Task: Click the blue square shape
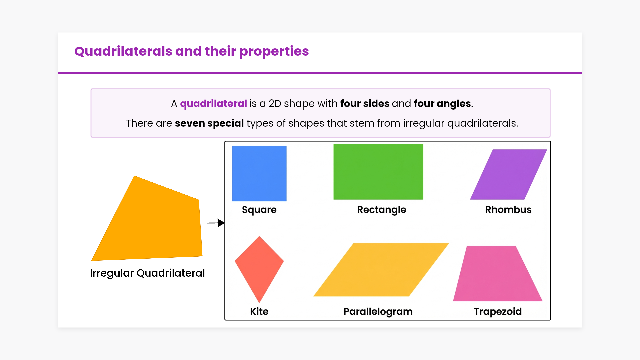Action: (259, 174)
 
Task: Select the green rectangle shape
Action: (378, 172)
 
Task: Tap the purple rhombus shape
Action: (509, 174)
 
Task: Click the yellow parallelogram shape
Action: (381, 270)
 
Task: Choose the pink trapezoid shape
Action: (498, 274)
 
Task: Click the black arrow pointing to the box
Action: (216, 223)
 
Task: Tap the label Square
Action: (259, 210)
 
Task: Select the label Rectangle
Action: (382, 210)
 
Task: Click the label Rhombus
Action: (508, 210)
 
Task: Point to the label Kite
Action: (259, 311)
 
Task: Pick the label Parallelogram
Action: (378, 312)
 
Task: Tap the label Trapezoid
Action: (498, 312)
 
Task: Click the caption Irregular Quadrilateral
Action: (147, 273)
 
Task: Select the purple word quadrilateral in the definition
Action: (213, 104)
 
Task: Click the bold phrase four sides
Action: (365, 104)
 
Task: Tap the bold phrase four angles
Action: (442, 104)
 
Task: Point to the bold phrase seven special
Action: (209, 123)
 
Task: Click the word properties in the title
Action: (274, 52)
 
